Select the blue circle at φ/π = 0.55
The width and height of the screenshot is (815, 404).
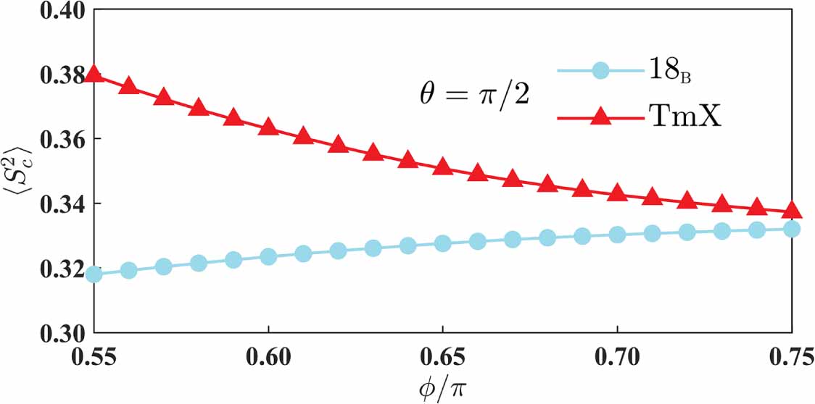[x=94, y=274]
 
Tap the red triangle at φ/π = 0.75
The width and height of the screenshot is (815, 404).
[x=793, y=211]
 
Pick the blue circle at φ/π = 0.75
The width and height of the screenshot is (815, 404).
[x=793, y=229]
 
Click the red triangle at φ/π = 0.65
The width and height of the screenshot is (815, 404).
[x=443, y=167]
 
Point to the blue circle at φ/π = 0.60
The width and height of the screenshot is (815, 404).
[x=268, y=256]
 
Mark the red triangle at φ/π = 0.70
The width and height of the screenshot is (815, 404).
[x=618, y=193]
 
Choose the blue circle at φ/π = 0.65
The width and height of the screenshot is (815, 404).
[x=443, y=243]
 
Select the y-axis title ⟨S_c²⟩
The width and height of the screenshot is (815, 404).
[x=16, y=171]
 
